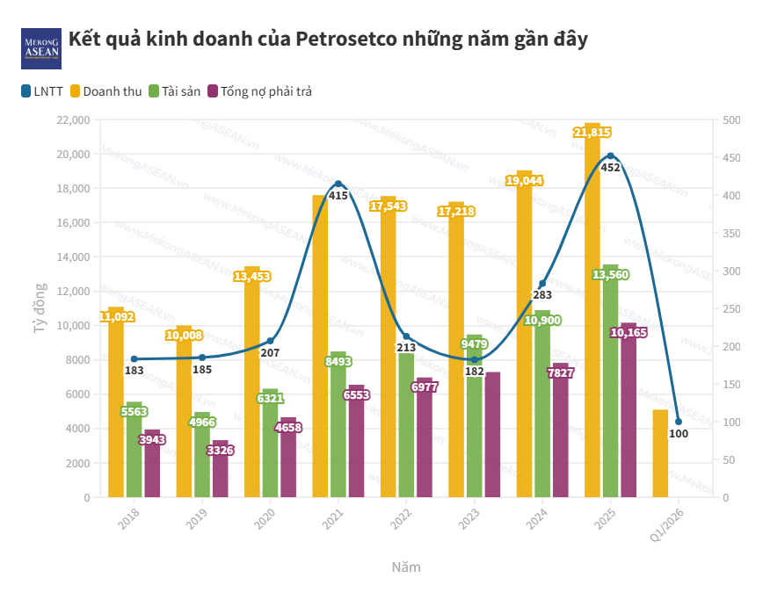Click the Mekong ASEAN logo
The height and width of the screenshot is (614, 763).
(41, 48)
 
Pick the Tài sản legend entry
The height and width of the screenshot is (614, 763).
(175, 90)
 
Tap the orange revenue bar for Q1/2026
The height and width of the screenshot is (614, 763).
(660, 452)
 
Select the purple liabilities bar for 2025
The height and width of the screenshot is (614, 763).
(629, 413)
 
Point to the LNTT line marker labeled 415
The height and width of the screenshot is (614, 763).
(338, 184)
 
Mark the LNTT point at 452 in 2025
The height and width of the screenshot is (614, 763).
(610, 156)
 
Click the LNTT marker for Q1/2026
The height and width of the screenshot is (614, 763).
(679, 422)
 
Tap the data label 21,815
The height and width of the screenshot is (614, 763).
(592, 133)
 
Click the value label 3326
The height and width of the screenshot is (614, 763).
(220, 451)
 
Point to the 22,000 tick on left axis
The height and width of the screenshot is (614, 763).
(73, 119)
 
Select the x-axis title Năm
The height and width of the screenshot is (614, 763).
(406, 567)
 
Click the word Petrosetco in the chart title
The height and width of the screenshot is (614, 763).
(346, 40)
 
